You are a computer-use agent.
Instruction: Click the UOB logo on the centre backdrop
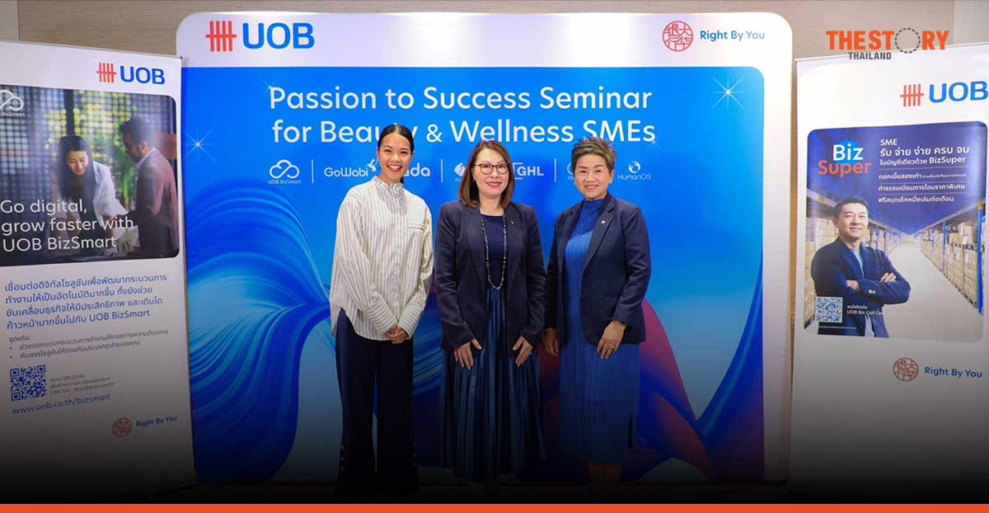pyautogui.click(x=260, y=36)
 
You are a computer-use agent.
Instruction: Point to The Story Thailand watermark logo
pyautogui.click(x=887, y=41)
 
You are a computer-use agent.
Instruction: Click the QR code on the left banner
pyautogui.click(x=28, y=383)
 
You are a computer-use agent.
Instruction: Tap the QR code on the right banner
pyautogui.click(x=828, y=309)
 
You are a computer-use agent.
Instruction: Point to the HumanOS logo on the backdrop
pyautogui.click(x=634, y=171)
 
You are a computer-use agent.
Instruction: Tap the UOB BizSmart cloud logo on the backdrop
pyautogui.click(x=284, y=172)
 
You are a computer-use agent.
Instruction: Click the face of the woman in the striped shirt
pyautogui.click(x=395, y=154)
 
